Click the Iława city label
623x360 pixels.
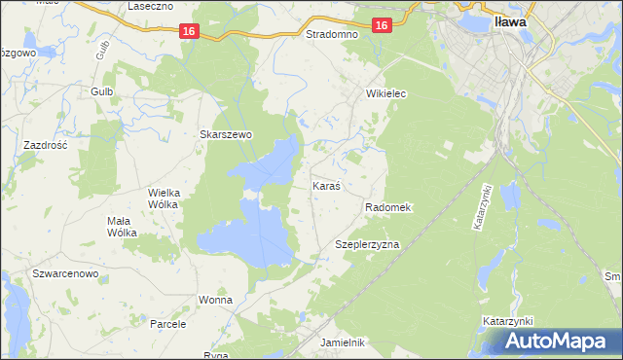point(510,19)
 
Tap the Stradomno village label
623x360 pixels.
point(332,34)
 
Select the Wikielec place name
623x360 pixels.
point(385,94)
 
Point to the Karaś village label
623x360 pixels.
point(325,185)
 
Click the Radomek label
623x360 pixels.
point(388,208)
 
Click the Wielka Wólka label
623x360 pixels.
point(165,198)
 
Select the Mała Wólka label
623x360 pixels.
point(124,227)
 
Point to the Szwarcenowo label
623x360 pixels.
point(66,274)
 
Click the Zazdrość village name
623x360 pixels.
point(45,145)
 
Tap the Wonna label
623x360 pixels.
point(214,300)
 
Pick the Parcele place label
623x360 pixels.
point(167,324)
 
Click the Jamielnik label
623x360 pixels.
point(342,343)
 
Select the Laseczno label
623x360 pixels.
point(150,6)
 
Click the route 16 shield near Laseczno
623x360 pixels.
point(189,32)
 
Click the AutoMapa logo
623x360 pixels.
point(558,341)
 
